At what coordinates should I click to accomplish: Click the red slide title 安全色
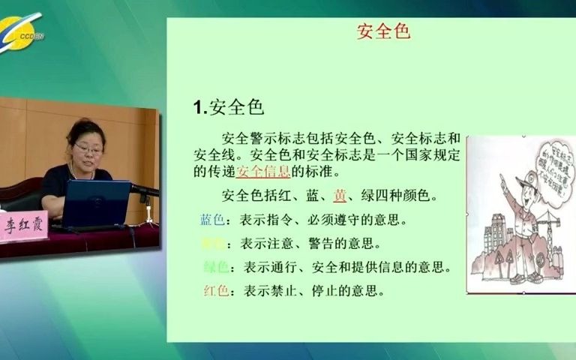[383, 32]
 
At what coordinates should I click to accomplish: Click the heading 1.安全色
[228, 106]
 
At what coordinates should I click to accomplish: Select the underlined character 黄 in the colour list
[340, 196]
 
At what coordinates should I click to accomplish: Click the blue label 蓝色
[211, 220]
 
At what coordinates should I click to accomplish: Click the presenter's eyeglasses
[88, 150]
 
